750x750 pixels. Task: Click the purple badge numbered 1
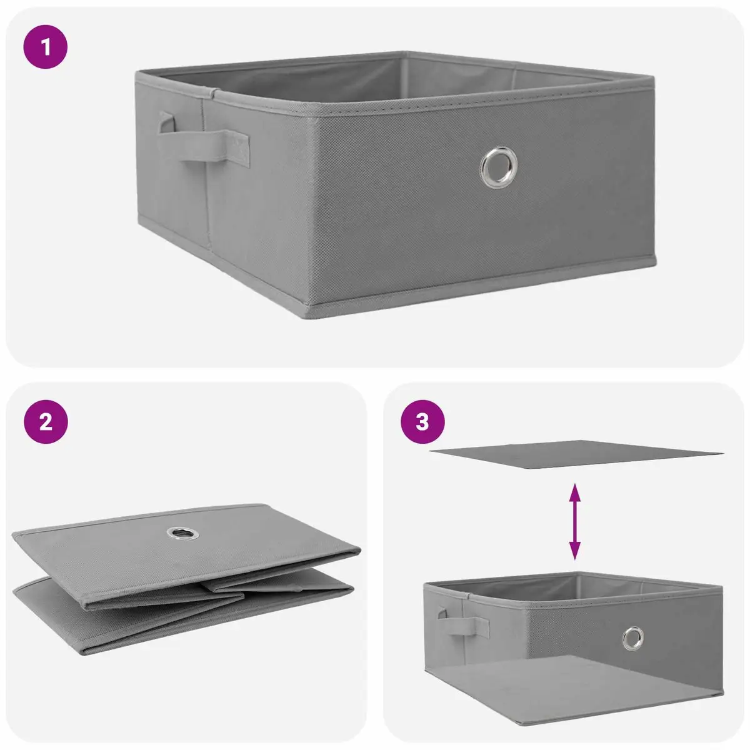[x=46, y=47]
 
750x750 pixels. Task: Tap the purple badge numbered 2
[x=46, y=422]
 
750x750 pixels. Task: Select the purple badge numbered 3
[x=422, y=422]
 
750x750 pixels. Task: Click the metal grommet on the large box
[x=499, y=167]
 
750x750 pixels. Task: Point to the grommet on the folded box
[x=183, y=534]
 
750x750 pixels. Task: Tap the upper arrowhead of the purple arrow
[x=575, y=491]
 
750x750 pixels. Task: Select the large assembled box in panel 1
[x=395, y=185]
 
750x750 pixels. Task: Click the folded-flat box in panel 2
[x=186, y=580]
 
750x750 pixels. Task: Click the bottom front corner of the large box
[x=306, y=314]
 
